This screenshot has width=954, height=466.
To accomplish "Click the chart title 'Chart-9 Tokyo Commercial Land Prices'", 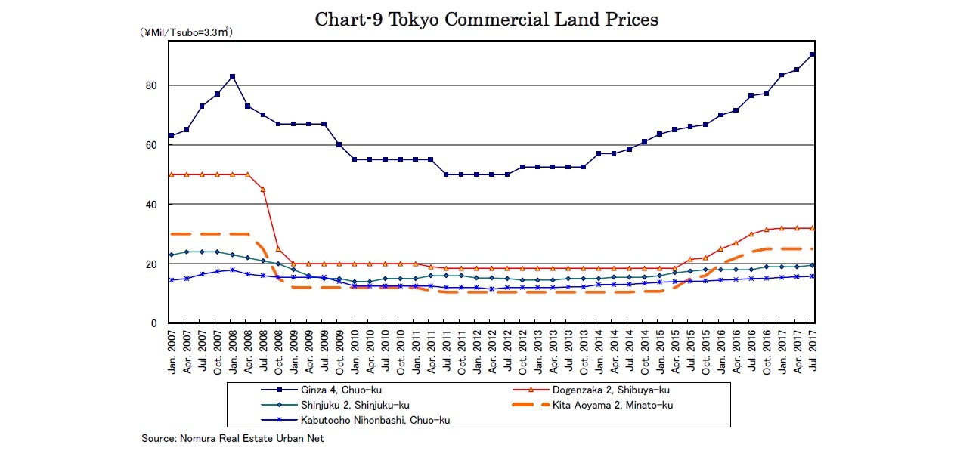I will pos(486,20).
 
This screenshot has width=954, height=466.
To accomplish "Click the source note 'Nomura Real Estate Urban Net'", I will pos(233,439).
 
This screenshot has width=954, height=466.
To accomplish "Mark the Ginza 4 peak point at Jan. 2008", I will pos(232,76).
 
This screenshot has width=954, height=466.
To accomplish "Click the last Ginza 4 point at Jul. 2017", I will pos(812,54).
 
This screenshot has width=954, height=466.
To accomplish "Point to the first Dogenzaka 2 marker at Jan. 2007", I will pos(171,174).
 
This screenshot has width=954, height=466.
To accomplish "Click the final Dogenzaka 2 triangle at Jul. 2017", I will pos(812,228).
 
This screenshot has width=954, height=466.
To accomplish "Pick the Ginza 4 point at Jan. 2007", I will pos(171,136).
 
